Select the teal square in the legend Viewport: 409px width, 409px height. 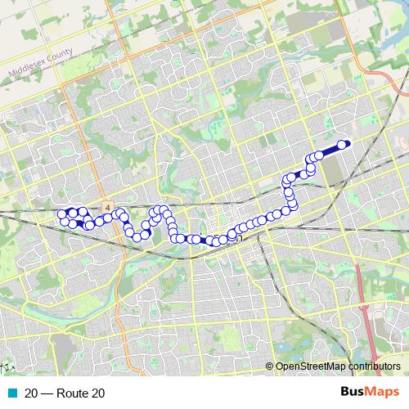[x=12, y=393]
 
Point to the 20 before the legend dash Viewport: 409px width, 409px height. [x=31, y=393]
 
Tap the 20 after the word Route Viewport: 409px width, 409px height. [x=97, y=393]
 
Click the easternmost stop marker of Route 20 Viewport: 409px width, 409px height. [x=342, y=145]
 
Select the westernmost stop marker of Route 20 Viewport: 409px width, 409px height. [x=61, y=215]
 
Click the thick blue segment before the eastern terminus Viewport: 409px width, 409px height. [x=330, y=150]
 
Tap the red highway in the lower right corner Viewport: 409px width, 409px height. [x=366, y=294]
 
